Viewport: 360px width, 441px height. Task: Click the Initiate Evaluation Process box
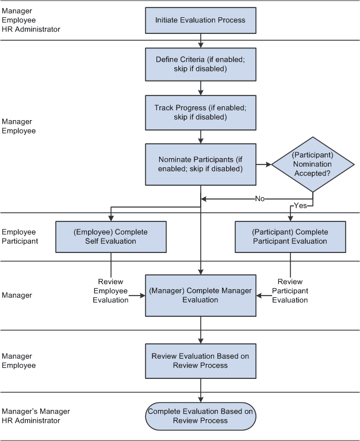pyautogui.click(x=200, y=20)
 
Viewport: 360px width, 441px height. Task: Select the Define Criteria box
pyautogui.click(x=200, y=64)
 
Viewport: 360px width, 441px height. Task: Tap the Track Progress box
pyautogui.click(x=200, y=112)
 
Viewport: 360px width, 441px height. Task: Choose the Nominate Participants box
pyautogui.click(x=200, y=164)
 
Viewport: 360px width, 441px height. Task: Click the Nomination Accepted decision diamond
pyautogui.click(x=312, y=164)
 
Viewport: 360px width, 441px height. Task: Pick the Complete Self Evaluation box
pyautogui.click(x=110, y=236)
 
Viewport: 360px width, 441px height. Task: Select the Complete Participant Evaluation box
pyautogui.click(x=290, y=236)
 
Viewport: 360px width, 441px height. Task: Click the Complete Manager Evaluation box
pyautogui.click(x=200, y=295)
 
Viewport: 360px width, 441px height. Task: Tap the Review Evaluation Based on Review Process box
pyautogui.click(x=200, y=361)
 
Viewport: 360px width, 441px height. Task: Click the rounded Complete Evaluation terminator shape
pyautogui.click(x=200, y=416)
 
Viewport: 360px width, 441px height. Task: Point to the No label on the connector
pyautogui.click(x=260, y=198)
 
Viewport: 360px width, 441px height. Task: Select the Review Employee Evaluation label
pyautogui.click(x=110, y=291)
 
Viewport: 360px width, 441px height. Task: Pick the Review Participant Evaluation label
pyautogui.click(x=290, y=291)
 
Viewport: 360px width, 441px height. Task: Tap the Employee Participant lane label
pyautogui.click(x=20, y=236)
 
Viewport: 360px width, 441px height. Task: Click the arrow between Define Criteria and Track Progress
pyautogui.click(x=200, y=87)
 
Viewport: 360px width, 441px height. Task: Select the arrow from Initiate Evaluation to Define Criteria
pyautogui.click(x=200, y=41)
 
